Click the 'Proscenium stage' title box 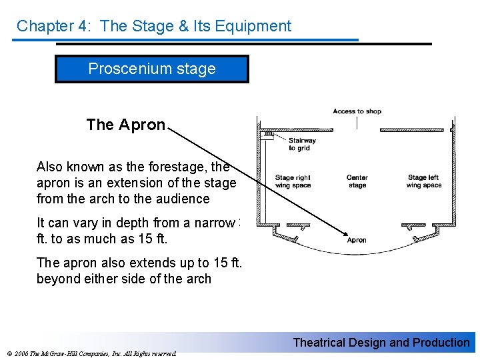pos(152,69)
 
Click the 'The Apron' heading pos(125,125)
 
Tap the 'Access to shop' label pos(357,111)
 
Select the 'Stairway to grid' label pos(302,144)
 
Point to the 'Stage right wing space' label pos(293,181)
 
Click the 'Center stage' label pos(357,181)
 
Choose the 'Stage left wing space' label pos(425,181)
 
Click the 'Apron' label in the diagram pos(357,240)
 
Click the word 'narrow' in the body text pos(212,223)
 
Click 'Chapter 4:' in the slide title pos(45,26)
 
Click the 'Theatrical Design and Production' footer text pos(381,343)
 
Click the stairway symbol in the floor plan pos(269,134)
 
